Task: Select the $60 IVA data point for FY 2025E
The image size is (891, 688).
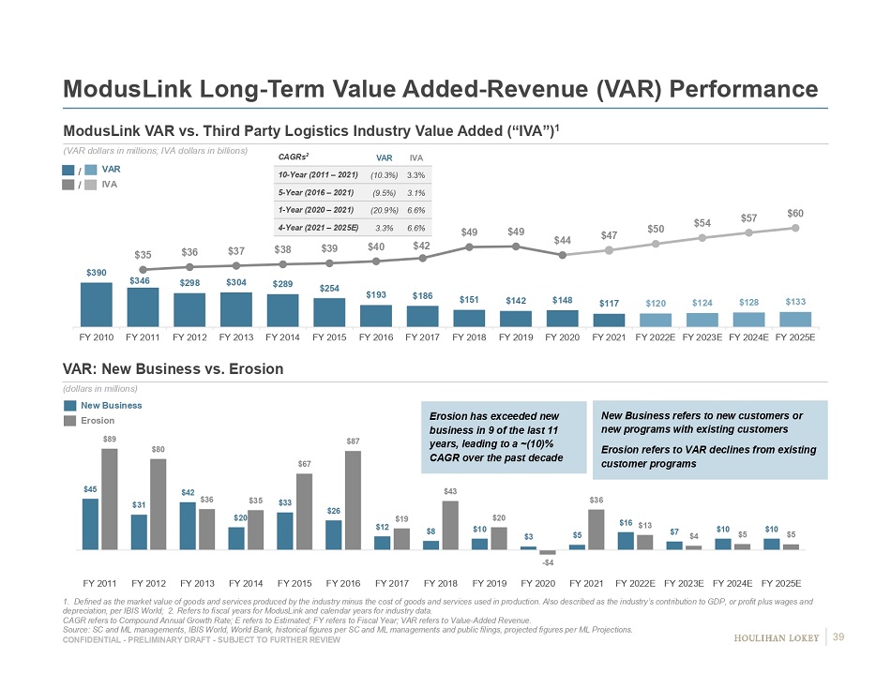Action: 795,227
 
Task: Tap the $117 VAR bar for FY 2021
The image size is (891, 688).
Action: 609,320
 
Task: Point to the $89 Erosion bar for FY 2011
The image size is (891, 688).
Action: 110,499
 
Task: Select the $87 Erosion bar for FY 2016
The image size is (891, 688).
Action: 353,500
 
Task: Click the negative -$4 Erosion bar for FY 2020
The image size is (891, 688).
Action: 548,552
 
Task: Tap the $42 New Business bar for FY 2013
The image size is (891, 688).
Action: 188,525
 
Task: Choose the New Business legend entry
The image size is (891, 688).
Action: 111,405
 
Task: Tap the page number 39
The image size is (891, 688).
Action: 839,638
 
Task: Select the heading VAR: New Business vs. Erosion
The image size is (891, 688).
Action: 173,369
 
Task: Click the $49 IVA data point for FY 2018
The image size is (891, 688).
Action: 469,247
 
